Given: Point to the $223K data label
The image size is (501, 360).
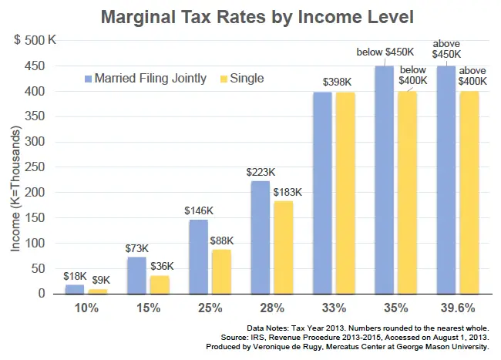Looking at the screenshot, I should click(260, 172).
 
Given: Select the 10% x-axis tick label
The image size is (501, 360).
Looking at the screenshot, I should click(86, 308).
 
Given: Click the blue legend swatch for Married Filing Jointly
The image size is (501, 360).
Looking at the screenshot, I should click(88, 79).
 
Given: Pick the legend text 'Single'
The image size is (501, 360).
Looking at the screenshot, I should click(247, 79).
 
